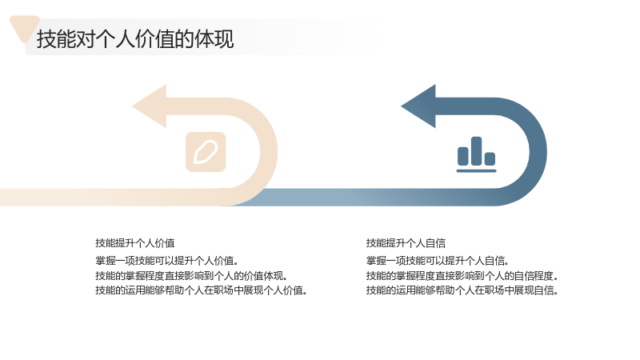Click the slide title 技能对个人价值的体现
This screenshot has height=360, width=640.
[135, 39]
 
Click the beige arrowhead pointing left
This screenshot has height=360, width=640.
[150, 106]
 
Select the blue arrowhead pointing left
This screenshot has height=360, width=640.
[418, 106]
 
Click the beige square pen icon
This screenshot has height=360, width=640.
[206, 152]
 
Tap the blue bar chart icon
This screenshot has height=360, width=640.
[476, 154]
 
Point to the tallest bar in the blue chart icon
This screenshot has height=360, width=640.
[476, 151]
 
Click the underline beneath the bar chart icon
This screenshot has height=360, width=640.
[476, 170]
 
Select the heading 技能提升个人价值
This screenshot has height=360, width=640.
[135, 243]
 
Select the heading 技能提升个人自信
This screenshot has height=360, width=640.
[406, 243]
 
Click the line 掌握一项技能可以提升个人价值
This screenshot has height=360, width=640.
[167, 261]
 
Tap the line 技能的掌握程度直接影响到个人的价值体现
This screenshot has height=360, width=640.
[191, 275]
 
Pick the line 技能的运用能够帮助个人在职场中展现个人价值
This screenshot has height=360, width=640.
[202, 290]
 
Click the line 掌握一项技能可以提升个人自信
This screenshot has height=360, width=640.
[437, 261]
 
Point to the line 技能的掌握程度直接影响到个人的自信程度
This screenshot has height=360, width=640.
[462, 275]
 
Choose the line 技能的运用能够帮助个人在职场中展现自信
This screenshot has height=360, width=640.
[462, 290]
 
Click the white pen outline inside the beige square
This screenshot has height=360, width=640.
[206, 152]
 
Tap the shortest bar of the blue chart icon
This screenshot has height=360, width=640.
[490, 158]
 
